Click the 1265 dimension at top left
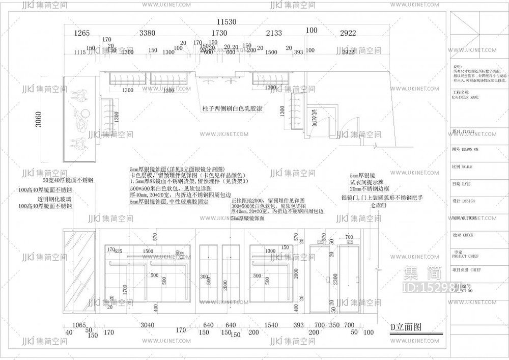pyautogui.click(x=82, y=34)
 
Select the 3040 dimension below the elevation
pyautogui.click(x=147, y=325)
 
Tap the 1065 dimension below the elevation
pyautogui.click(x=79, y=325)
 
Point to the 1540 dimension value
pyautogui.click(x=272, y=325)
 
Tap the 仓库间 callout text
pyautogui.click(x=379, y=205)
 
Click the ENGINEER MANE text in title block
pyautogui.click(x=465, y=97)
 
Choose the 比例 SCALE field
pyautogui.click(x=462, y=167)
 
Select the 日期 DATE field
pyautogui.click(x=461, y=184)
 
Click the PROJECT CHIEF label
pyautogui.click(x=466, y=256)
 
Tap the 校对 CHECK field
pyautogui.click(x=463, y=235)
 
